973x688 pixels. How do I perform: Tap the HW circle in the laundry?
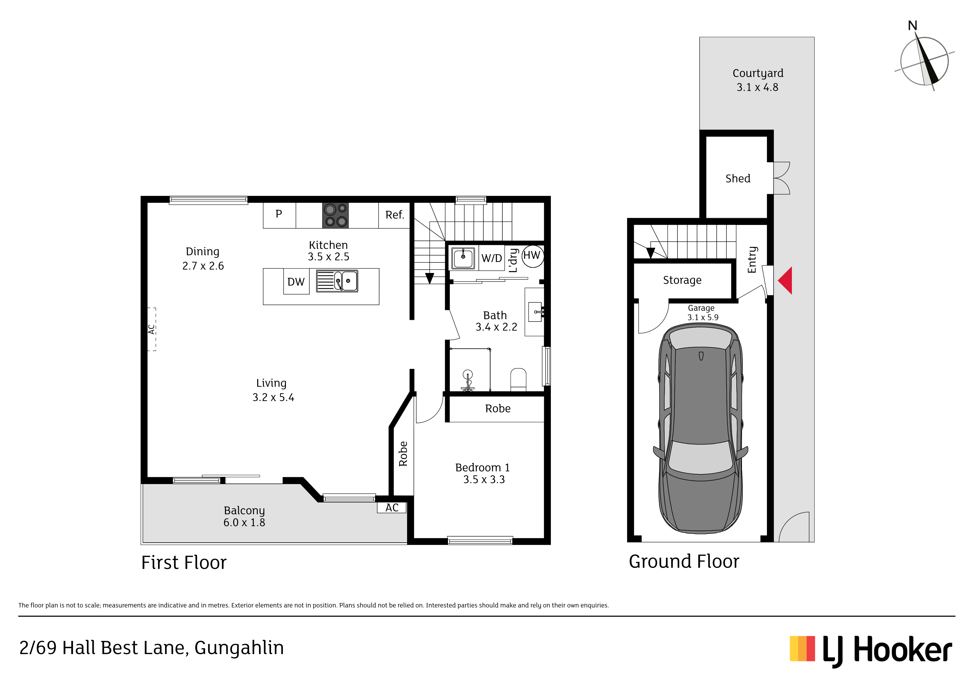pos(532,256)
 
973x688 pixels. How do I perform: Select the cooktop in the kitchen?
pos(336,215)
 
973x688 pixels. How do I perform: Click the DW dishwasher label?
pos(296,282)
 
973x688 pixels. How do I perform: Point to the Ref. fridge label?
pos(394,215)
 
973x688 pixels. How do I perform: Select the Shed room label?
pos(738,178)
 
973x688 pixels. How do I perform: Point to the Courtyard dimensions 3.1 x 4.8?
pos(757,87)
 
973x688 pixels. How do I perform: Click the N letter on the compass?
pos(913,26)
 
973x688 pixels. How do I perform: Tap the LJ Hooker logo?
pos(871,651)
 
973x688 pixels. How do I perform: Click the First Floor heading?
pos(184,563)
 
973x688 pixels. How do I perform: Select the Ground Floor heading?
pos(684,561)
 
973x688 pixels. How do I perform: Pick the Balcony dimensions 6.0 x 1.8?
pos(244,523)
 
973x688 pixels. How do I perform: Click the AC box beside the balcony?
pos(392,507)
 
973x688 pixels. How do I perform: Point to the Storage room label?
pos(682,280)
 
